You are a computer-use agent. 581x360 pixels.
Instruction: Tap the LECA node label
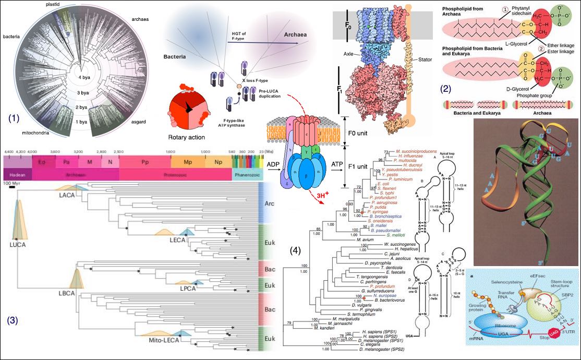click(x=177, y=241)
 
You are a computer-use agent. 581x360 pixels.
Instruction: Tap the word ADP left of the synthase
click(x=273, y=164)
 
